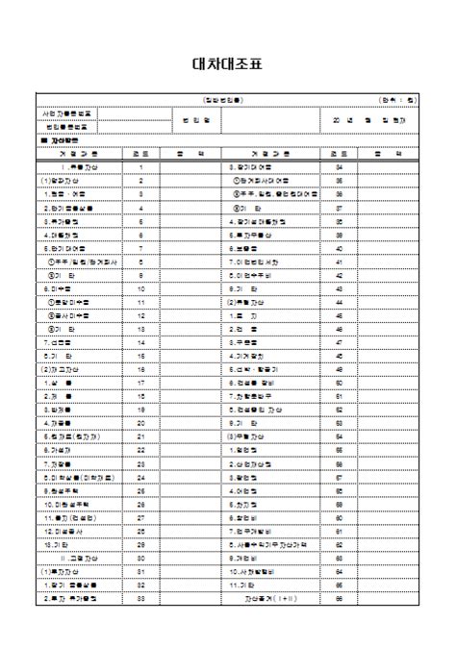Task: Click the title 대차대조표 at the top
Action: tap(227, 65)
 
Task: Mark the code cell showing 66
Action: tap(339, 598)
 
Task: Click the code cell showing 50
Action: tap(339, 383)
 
